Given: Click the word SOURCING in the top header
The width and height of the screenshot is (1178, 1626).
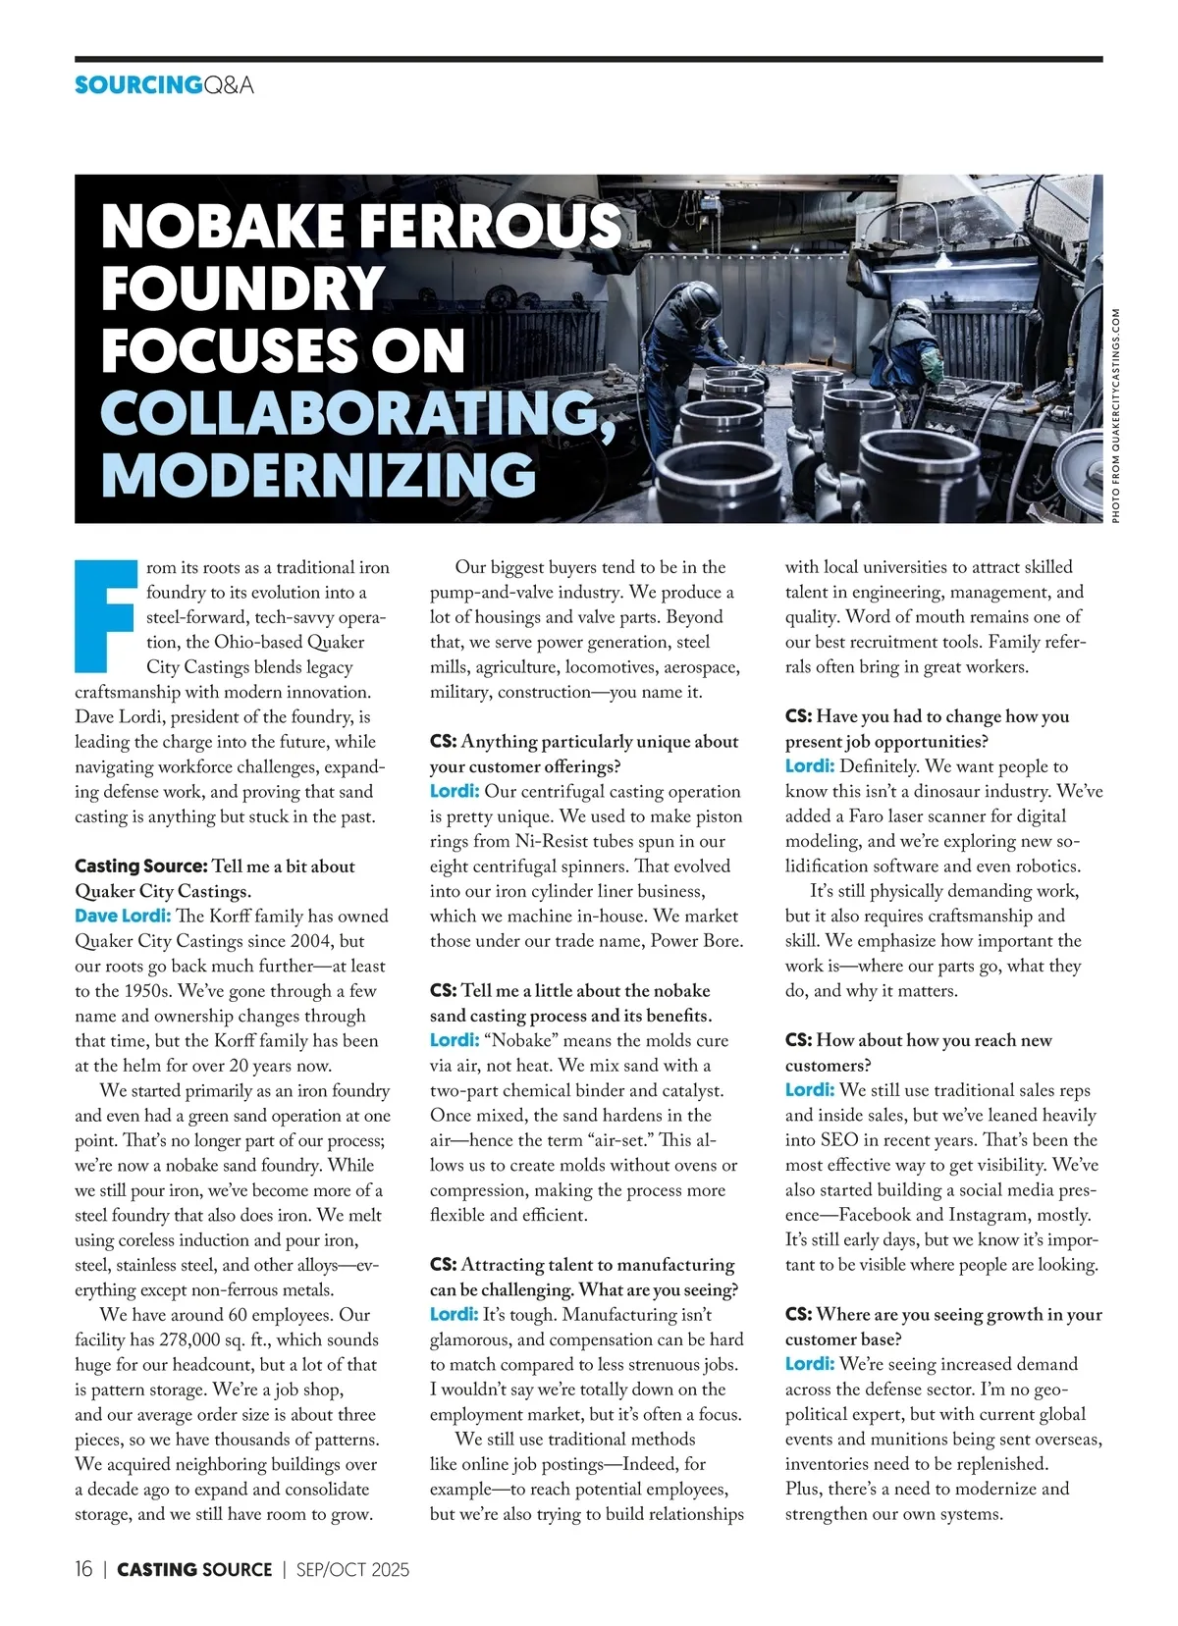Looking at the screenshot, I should (x=137, y=85).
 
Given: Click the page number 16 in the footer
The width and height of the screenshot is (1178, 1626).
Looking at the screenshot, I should (x=83, y=1569).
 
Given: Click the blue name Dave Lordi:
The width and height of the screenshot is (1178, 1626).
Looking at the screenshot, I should (x=123, y=917).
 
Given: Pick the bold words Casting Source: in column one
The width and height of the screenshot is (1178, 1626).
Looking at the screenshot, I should (x=140, y=866).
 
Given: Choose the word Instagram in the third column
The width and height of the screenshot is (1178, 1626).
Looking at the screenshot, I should (x=993, y=1215).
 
